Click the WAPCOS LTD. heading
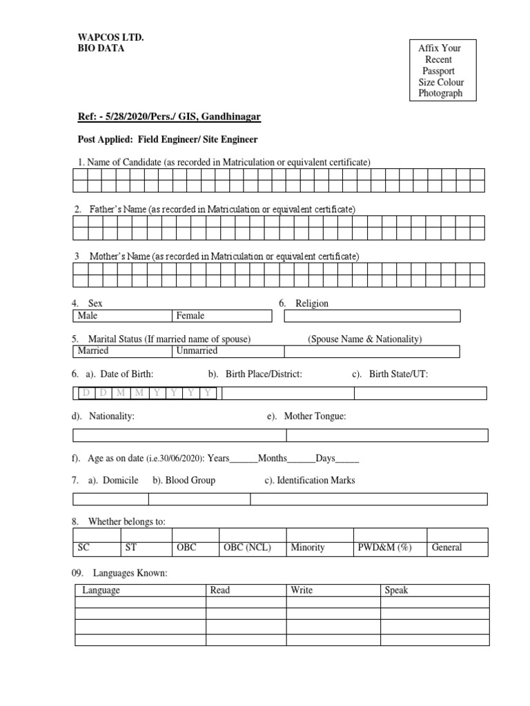[x=110, y=37]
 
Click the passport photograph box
[x=442, y=71]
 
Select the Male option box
[x=121, y=316]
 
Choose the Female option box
[x=221, y=316]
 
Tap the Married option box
[x=121, y=351]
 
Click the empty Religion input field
[x=372, y=316]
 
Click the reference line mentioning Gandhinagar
[x=168, y=117]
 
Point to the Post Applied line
[x=167, y=139]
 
